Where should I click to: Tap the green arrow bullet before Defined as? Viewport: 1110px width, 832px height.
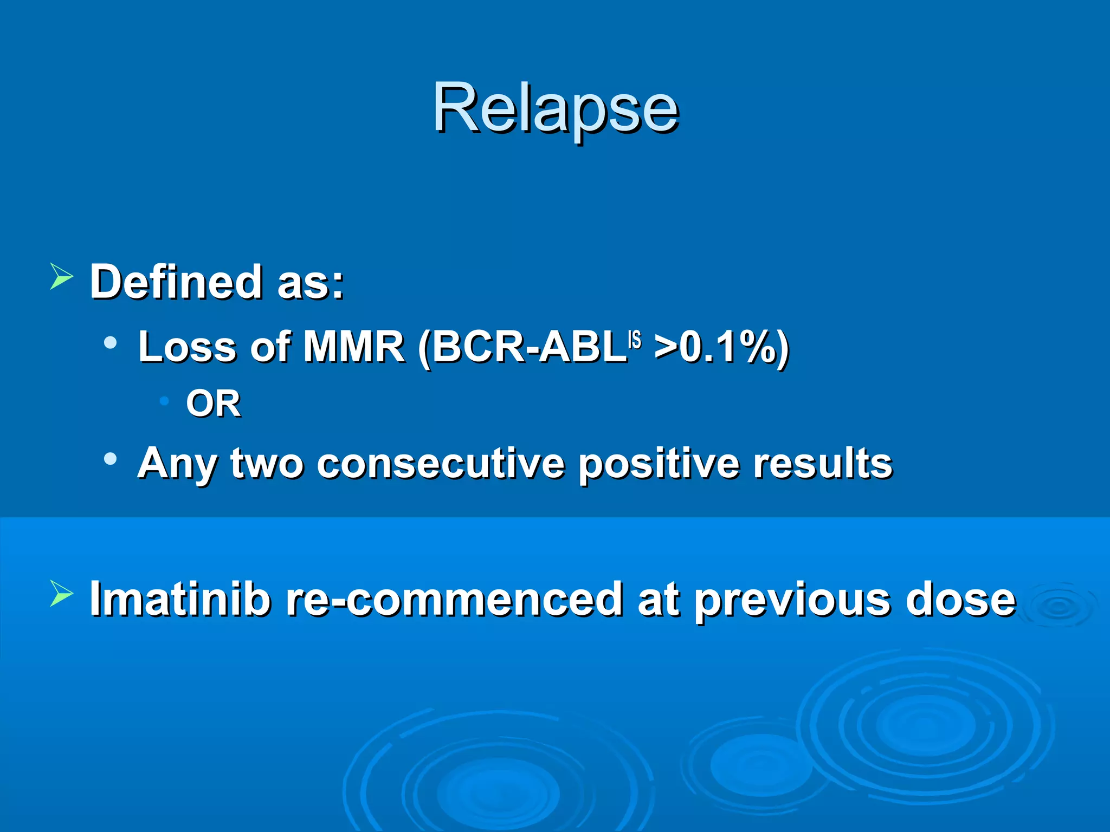pos(61,276)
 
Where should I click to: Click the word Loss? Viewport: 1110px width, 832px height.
pos(187,347)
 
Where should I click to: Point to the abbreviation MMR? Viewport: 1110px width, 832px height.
pos(353,347)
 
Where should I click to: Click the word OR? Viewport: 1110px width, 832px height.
pos(213,404)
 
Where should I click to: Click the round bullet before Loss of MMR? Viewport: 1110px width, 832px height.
pos(111,342)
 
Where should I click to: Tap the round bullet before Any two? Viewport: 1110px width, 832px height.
pos(111,459)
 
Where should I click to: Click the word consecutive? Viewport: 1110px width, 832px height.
pos(440,464)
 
